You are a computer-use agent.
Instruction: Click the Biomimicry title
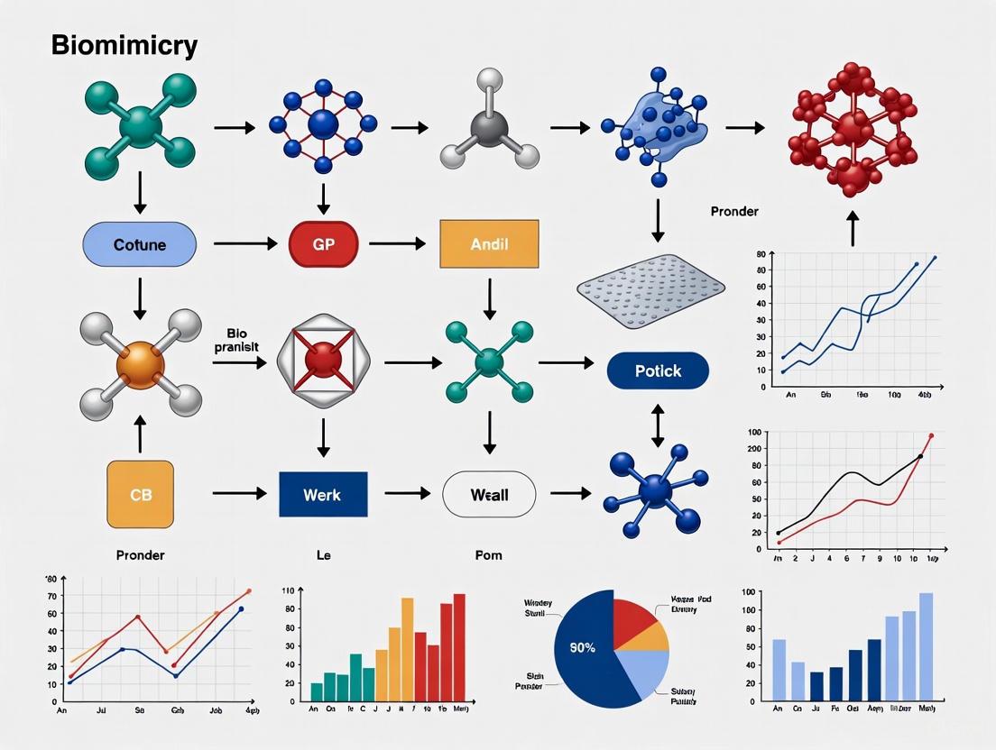tap(124, 46)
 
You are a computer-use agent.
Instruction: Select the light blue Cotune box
tap(139, 244)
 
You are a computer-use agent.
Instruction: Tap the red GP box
tap(323, 244)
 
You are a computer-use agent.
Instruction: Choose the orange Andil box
tap(489, 243)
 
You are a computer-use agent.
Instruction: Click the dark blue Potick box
tap(658, 370)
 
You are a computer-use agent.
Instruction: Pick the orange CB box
tap(140, 494)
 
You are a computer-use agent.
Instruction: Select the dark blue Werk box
tap(323, 494)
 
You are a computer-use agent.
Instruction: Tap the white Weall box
tap(489, 494)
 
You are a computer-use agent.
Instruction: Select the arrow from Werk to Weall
tap(409, 493)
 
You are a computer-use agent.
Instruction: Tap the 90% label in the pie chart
tap(582, 646)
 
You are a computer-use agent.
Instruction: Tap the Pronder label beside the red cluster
tap(734, 212)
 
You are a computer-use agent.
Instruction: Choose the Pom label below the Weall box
tap(488, 555)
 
